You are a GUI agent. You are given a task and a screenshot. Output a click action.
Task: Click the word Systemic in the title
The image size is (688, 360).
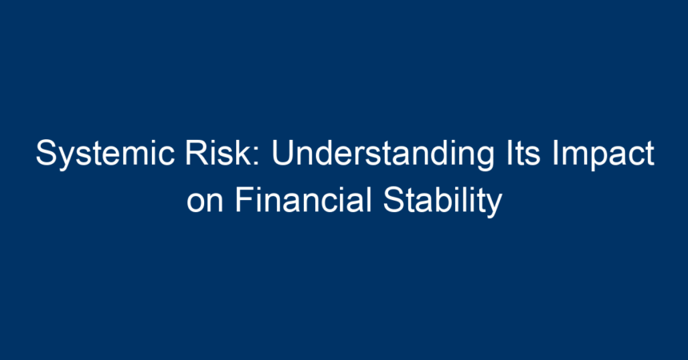(x=106, y=154)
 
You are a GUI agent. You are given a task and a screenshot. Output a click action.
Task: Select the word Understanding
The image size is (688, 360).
(x=382, y=154)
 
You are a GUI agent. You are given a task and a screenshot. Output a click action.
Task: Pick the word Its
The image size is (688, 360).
(x=523, y=152)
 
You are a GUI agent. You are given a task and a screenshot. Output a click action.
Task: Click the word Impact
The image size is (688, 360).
(x=603, y=154)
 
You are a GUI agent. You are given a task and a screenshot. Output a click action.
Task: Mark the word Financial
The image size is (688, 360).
(x=303, y=200)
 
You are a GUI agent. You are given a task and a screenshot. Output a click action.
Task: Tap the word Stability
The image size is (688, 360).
(x=442, y=202)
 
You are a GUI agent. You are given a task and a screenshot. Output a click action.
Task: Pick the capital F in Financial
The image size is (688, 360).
(x=245, y=200)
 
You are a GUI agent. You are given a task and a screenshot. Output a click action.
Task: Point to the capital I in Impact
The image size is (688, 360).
(x=554, y=153)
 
